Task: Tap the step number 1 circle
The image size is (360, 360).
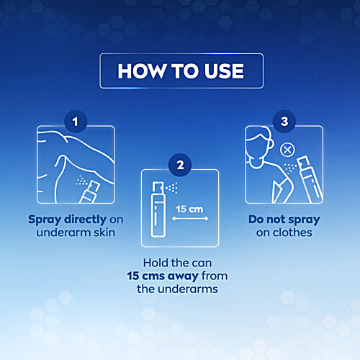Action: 75,122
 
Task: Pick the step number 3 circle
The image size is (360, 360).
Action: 284,122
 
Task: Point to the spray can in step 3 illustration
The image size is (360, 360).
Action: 303,179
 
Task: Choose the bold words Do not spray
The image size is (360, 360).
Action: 284,219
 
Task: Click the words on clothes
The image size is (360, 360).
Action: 284,233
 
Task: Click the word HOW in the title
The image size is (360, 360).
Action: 141,71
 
